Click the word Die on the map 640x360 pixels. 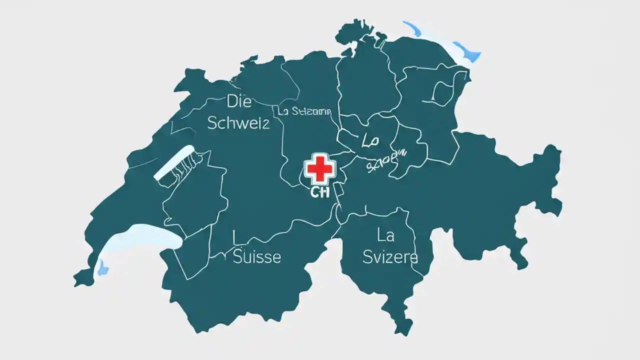coord(238,101)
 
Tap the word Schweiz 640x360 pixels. coord(238,122)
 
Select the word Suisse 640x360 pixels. coord(257,257)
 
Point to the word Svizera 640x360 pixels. coord(390,257)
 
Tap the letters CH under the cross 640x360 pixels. coord(320,193)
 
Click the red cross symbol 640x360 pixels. coord(319,169)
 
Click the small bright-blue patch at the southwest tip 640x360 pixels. coord(102,267)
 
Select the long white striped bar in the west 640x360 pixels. coord(174,162)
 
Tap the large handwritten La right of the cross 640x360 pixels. coord(371,140)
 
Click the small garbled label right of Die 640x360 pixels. coord(304,111)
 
